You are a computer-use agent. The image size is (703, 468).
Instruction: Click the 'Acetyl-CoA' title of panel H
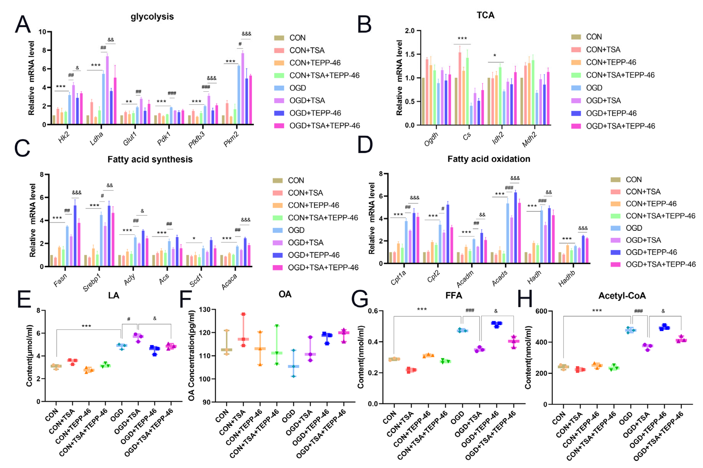click(x=622, y=296)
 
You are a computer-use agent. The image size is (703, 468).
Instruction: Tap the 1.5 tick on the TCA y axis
click(x=409, y=54)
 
